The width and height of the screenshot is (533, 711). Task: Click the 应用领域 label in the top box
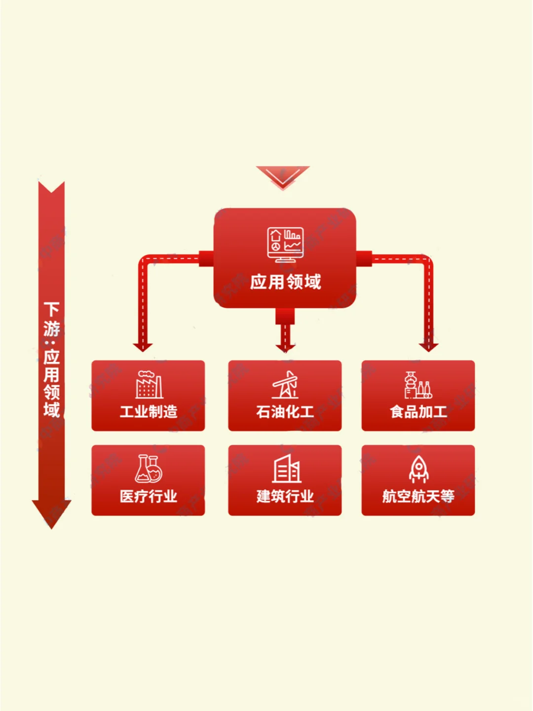(x=285, y=282)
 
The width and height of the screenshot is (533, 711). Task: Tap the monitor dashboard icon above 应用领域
(x=285, y=245)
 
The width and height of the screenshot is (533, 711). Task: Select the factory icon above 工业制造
(x=149, y=385)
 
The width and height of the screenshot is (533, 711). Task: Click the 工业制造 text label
(x=149, y=411)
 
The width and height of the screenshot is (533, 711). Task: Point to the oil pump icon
(x=285, y=385)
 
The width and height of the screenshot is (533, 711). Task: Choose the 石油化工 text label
(x=285, y=411)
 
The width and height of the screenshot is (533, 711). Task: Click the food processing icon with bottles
(x=418, y=385)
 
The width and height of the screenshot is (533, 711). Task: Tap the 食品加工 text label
(x=418, y=411)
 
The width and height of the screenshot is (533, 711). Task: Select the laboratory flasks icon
(x=149, y=469)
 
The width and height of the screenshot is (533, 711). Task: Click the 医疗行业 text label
(x=149, y=496)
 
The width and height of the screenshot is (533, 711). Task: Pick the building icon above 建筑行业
(x=286, y=469)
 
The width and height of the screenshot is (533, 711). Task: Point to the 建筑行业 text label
(x=285, y=496)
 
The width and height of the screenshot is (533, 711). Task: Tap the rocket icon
(x=419, y=469)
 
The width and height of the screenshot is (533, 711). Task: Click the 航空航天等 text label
(x=418, y=496)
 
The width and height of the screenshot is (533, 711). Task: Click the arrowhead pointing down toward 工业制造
(x=143, y=347)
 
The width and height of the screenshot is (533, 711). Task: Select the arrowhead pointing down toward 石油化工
(x=285, y=347)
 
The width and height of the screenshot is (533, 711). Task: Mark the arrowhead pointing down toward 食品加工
(x=428, y=347)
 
